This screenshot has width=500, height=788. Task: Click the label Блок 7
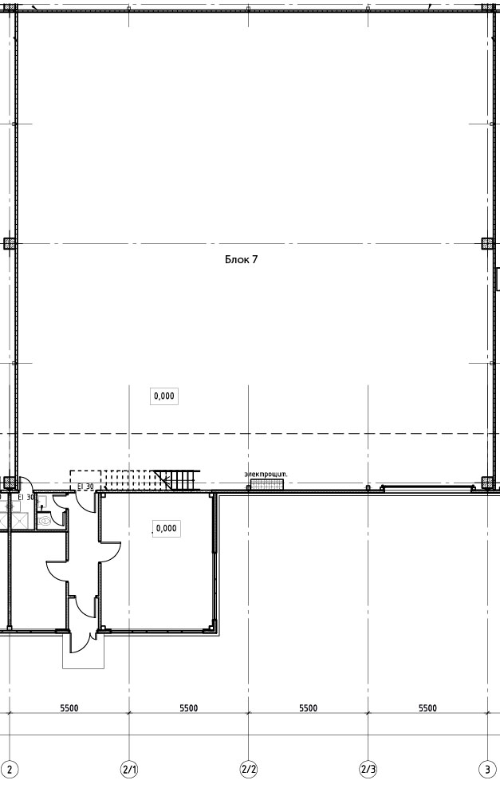point(241,259)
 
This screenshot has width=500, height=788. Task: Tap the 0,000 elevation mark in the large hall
point(164,396)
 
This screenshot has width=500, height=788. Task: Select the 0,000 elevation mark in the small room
point(167,528)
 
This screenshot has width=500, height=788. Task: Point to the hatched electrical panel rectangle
point(267,484)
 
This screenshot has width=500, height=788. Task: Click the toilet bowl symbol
point(45,521)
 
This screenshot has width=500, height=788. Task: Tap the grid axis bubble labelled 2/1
point(129,769)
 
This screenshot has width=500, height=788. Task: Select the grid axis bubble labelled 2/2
point(249,769)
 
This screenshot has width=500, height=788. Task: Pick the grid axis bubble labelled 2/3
point(368,769)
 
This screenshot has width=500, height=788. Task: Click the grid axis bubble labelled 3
point(487,769)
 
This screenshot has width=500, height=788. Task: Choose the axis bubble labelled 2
point(10,769)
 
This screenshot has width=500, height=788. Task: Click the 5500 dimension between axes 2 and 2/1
point(69,708)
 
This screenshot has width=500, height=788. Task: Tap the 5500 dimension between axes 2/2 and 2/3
point(308,708)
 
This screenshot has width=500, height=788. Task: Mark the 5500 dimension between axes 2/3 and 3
point(427,708)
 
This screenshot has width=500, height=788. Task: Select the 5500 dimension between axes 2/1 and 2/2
point(189,708)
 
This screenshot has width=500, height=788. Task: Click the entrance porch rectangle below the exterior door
point(84,651)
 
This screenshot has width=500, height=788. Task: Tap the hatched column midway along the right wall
point(487,244)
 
